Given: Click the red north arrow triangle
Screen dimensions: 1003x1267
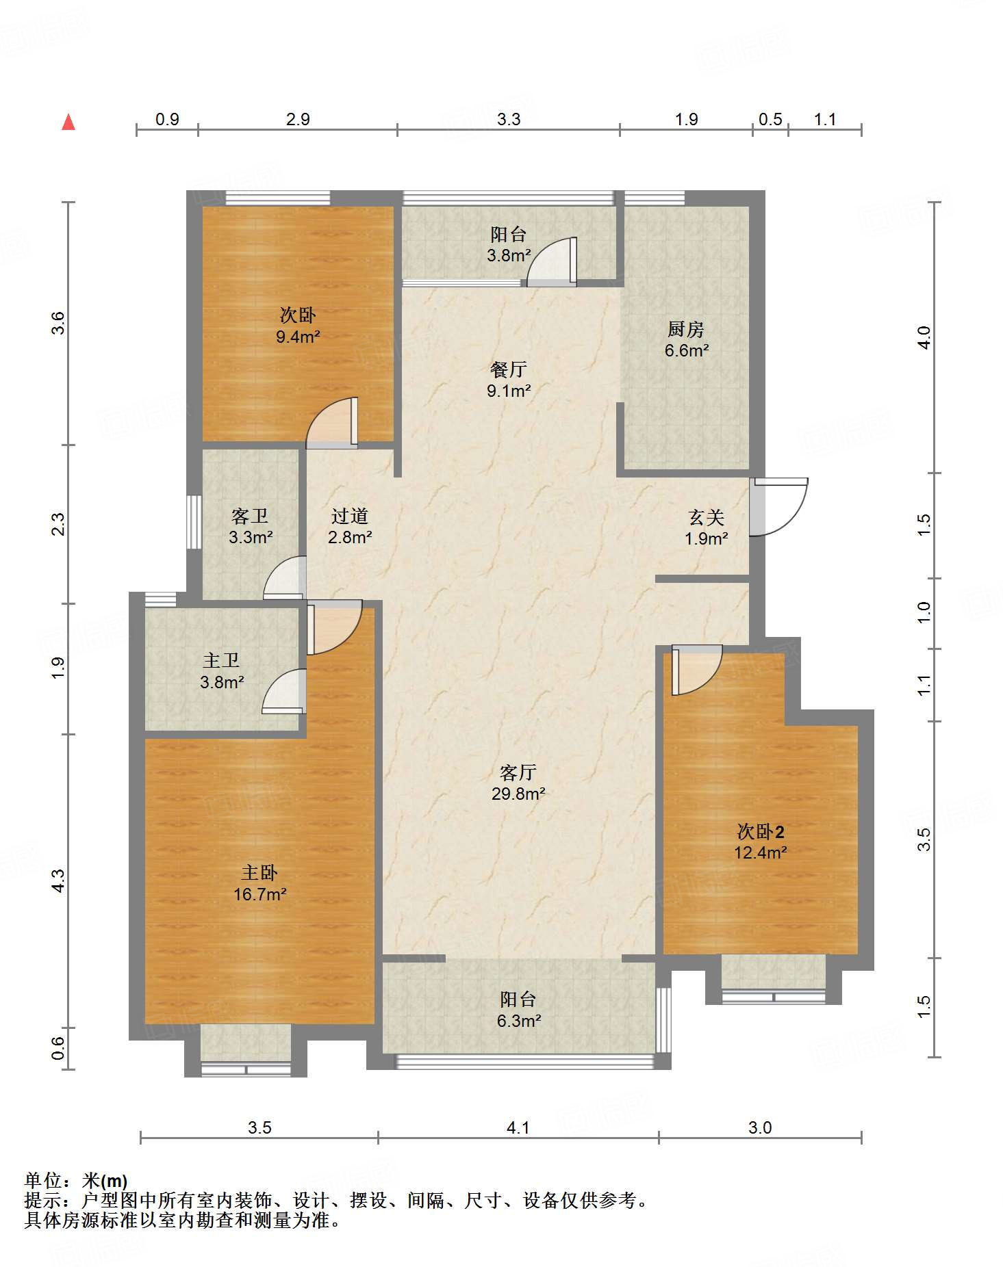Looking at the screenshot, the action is click(68, 122).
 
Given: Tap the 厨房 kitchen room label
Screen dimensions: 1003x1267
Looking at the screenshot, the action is click(686, 329).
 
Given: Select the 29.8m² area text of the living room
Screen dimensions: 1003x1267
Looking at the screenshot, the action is click(518, 794).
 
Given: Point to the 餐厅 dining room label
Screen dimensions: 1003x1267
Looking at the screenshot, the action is click(509, 369).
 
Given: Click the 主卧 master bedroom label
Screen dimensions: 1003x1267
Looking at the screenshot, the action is click(259, 872).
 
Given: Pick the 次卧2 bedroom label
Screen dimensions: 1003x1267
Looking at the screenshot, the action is click(761, 831).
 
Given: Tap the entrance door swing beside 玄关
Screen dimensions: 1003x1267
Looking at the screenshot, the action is click(779, 507).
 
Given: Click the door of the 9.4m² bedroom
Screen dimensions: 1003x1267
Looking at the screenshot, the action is click(332, 423).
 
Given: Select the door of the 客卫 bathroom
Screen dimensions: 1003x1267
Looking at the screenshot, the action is click(285, 578).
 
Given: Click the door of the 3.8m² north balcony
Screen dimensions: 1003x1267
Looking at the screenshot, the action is click(552, 261).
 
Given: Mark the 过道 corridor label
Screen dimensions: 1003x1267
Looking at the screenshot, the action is click(350, 516).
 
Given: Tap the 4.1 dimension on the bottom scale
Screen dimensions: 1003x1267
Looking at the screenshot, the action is click(518, 1127).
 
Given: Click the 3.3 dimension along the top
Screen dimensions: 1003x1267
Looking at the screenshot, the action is click(509, 119).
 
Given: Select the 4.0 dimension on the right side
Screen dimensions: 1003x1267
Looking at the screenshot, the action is click(924, 337).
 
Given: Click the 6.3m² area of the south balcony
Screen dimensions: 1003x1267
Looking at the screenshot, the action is click(519, 1021).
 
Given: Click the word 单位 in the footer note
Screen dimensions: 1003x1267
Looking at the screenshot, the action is click(43, 1181).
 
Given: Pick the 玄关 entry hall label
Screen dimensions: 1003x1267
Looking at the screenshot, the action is click(707, 517).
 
